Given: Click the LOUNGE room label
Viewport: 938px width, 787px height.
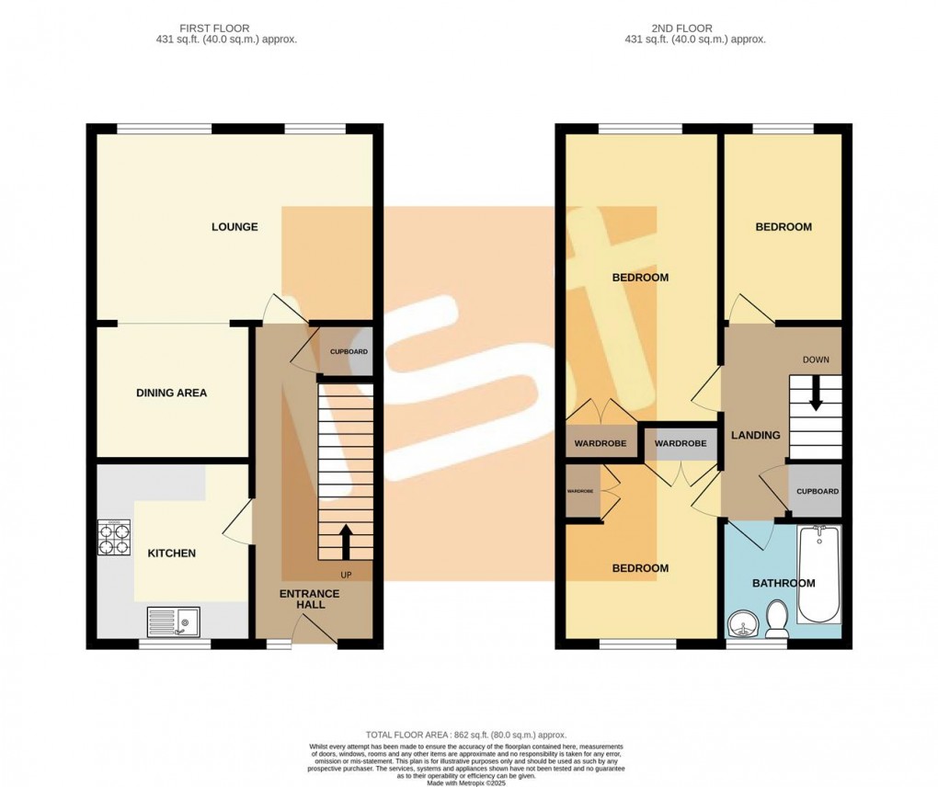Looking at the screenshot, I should [x=234, y=227].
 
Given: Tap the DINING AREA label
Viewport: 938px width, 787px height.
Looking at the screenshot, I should [x=172, y=393].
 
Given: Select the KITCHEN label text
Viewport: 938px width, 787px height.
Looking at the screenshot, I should [x=172, y=553].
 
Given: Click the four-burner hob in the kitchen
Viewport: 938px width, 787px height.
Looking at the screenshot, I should [x=115, y=537].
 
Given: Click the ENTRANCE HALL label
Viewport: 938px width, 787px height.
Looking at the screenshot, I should [x=309, y=599].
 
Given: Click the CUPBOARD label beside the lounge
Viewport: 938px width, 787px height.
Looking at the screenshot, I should [x=349, y=352].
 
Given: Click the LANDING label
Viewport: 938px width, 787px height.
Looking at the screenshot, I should [x=755, y=435].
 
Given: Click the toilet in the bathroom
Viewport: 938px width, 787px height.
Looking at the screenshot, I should [x=777, y=618].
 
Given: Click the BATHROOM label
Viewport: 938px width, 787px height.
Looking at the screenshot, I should [x=784, y=583].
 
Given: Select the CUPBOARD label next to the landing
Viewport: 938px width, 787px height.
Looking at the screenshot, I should [x=818, y=491].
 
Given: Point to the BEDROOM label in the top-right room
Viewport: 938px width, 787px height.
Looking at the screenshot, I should [x=784, y=227].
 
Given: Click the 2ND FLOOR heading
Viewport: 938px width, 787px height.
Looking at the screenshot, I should [x=694, y=29].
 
